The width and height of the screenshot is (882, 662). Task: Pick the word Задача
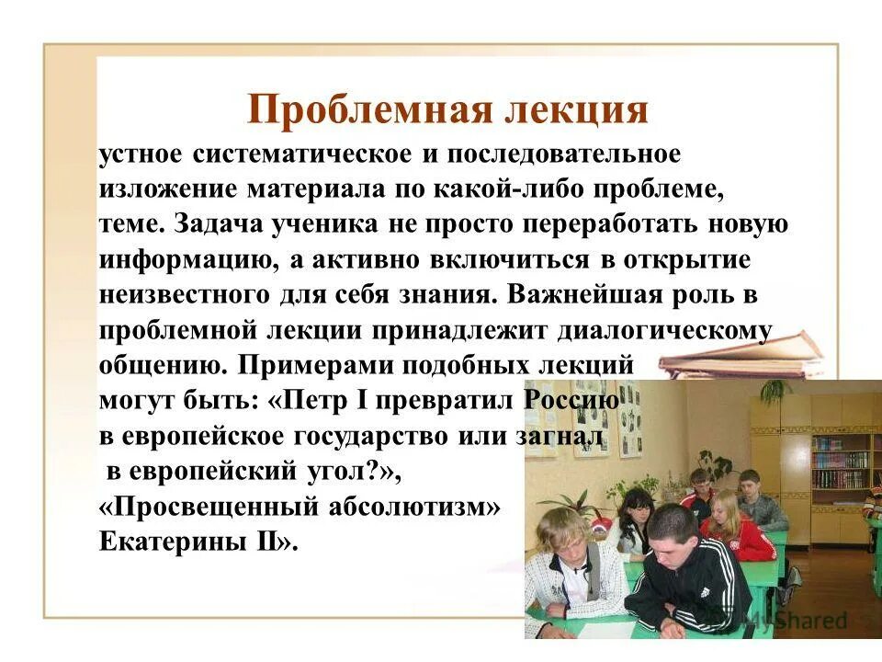pos(229,224)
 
